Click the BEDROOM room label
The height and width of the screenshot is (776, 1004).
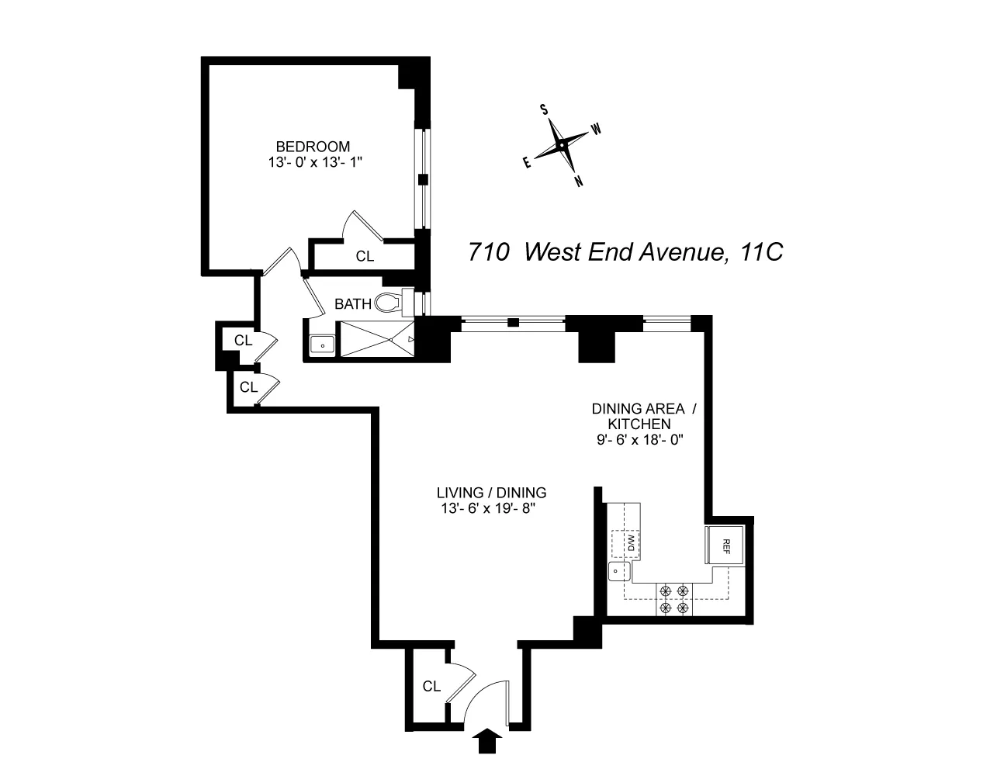click(x=313, y=146)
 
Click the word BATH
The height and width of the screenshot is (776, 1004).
click(x=353, y=304)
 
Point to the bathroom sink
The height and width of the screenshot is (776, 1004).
click(x=322, y=345)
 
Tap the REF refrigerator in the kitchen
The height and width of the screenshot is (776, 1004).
click(x=726, y=544)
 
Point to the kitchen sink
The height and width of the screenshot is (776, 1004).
click(x=618, y=572)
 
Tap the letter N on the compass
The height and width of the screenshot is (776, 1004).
click(x=579, y=182)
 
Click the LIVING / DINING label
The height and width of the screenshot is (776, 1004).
click(x=491, y=493)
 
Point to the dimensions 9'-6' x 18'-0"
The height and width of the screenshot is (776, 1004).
click(x=639, y=439)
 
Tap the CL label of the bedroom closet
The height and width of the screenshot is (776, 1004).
click(x=365, y=256)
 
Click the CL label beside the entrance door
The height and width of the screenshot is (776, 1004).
click(x=432, y=687)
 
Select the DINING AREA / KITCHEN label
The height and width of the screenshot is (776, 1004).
click(x=639, y=416)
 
